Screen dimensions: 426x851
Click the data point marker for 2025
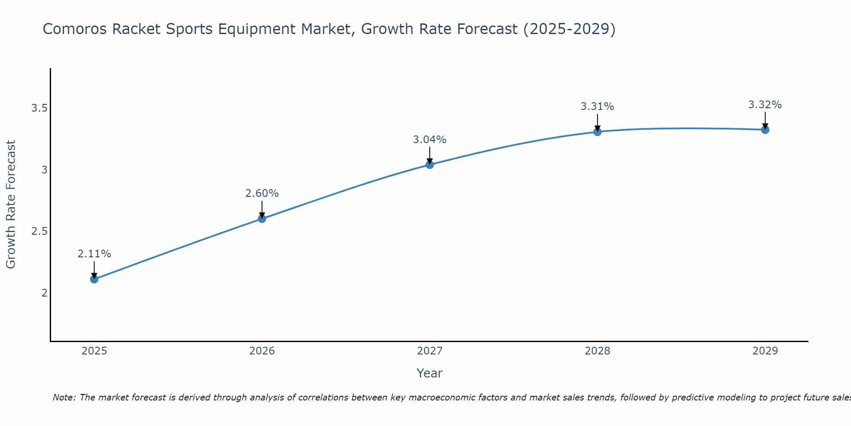coord(94,279)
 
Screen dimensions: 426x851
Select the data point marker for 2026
coord(262,219)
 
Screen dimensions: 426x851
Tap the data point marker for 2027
coord(430,164)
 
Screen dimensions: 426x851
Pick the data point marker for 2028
coord(597,132)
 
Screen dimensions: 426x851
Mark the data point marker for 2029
coord(765,130)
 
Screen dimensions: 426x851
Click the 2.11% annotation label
coord(94,254)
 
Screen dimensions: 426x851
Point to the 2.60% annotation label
coord(262,193)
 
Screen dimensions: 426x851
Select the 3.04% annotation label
coord(430,140)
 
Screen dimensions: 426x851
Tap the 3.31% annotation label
coord(597,106)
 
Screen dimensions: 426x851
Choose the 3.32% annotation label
coord(765,105)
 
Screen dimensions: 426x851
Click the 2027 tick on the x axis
coord(430,351)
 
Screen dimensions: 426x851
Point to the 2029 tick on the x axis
coord(765,351)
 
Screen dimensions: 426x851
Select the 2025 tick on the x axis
coord(94,351)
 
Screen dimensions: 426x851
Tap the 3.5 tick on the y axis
coord(39,108)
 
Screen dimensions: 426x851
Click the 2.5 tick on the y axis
coord(39,231)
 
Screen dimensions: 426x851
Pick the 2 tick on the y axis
coord(44,293)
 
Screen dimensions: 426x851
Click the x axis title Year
coord(430,373)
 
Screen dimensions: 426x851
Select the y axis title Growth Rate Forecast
coord(11,204)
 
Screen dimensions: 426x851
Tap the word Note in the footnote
coord(64,397)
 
